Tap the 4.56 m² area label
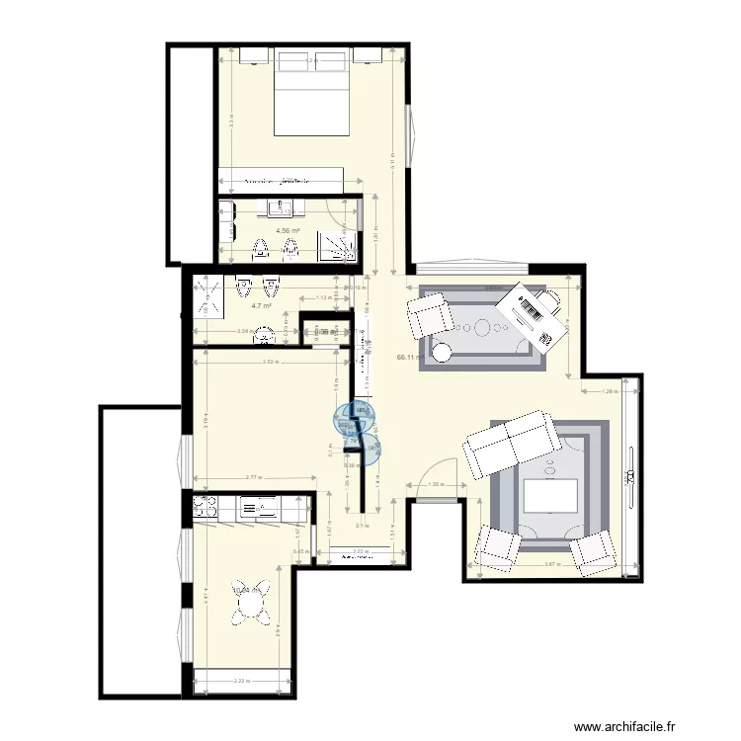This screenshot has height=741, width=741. (288, 231)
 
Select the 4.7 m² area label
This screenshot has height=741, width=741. (261, 306)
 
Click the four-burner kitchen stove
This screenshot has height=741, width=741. (206, 507)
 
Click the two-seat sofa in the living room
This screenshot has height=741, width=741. (510, 443)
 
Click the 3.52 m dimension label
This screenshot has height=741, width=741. (270, 362)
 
